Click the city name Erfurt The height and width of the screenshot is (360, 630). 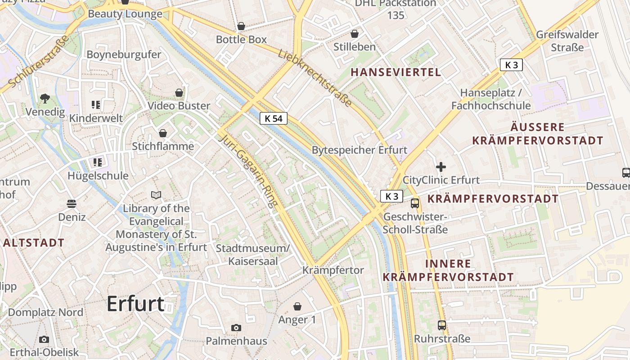coord(135,304)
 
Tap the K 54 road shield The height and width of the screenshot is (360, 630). coord(273,118)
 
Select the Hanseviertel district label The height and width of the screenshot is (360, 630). coord(396,72)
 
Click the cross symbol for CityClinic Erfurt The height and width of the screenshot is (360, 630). coord(441,167)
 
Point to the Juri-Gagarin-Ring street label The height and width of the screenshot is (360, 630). coord(247,171)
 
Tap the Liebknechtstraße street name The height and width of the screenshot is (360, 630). coord(315,77)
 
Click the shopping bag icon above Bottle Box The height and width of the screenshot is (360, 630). coord(241,26)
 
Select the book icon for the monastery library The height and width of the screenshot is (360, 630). coord(156,195)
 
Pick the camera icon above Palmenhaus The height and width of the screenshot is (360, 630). coord(236,328)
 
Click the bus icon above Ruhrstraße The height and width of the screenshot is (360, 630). coord(442,325)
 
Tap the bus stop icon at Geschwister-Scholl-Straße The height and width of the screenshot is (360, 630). coord(415,203)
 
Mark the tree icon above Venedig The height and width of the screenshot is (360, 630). coord(45,98)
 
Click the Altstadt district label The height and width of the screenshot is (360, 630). coord(34,243)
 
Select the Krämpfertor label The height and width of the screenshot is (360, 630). coord(333,270)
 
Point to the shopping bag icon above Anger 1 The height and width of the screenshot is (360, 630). coord(297,306)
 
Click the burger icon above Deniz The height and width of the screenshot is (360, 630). coord(72,204)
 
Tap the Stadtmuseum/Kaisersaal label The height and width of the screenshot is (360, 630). coord(252,255)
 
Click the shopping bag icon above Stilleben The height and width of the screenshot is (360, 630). coord(355,34)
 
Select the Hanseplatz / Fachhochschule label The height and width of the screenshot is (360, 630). coord(491,99)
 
